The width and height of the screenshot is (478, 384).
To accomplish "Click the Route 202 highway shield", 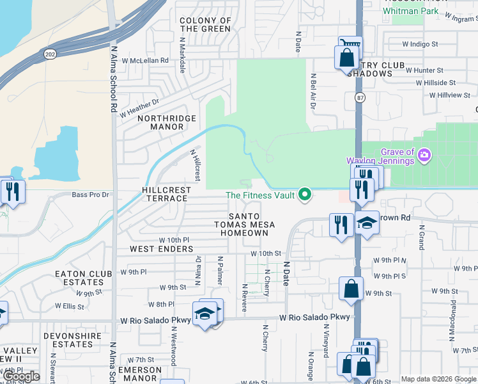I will point(50,56).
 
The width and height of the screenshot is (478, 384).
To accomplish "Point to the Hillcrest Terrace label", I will point(164,194).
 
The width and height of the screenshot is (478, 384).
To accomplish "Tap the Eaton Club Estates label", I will point(79,278).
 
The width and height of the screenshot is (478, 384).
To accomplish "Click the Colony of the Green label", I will point(205,25).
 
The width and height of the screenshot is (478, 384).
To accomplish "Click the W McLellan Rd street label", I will point(149,60).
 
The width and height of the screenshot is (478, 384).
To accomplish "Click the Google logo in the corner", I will point(22,376).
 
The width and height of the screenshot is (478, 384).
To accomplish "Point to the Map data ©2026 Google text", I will point(438,379).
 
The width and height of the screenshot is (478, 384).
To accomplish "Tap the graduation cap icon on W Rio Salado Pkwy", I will point(204,314).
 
